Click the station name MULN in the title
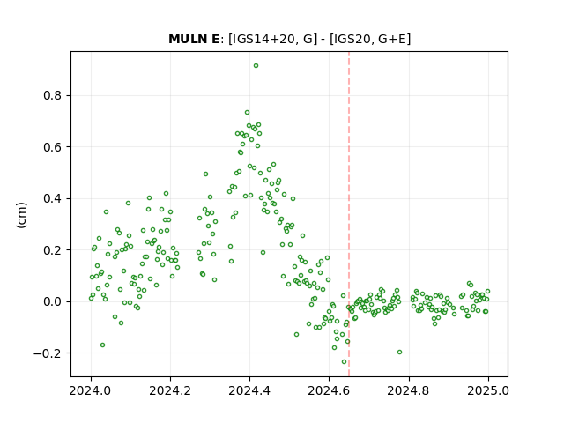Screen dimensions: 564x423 [188, 39]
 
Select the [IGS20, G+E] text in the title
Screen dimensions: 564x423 [370, 39]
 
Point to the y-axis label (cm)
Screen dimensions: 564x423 [21, 215]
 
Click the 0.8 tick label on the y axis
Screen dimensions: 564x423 [53, 96]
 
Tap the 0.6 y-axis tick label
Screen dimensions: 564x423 [53, 147]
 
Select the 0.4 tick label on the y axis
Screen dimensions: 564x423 [53, 198]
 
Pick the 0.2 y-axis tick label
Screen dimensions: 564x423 [53, 250]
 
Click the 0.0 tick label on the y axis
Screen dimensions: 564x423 [53, 301]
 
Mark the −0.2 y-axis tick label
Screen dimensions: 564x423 [48, 353]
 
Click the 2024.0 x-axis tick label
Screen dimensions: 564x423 [91, 390]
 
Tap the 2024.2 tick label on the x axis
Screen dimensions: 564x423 [170, 390]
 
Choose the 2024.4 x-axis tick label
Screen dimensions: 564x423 [249, 390]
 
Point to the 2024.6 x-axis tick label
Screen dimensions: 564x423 [329, 390]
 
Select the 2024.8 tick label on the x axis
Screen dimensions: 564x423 [408, 390]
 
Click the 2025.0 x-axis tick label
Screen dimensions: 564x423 [488, 390]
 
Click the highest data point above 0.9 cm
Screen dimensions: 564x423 [256, 66]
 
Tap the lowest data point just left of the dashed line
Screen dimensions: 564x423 [344, 362]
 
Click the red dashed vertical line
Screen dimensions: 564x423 [349, 214]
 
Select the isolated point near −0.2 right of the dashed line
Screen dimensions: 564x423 [399, 352]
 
